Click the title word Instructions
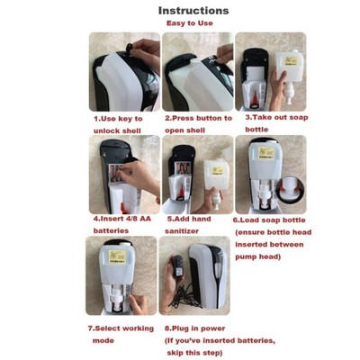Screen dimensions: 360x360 pos(193,11)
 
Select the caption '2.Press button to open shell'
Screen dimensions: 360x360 pos(198,123)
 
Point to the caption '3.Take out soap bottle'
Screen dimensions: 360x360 pos(270,123)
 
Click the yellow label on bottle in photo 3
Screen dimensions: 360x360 pos(291,66)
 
